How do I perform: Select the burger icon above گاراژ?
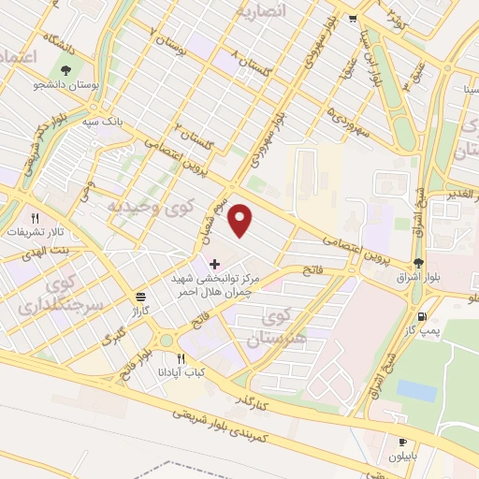coord(139,293)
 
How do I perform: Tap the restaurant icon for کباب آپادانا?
coord(181,357)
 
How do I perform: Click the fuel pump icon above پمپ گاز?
coord(422,318)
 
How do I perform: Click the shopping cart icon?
coord(353,18)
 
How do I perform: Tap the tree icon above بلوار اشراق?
coord(416,264)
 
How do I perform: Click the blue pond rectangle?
coord(415,390)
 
